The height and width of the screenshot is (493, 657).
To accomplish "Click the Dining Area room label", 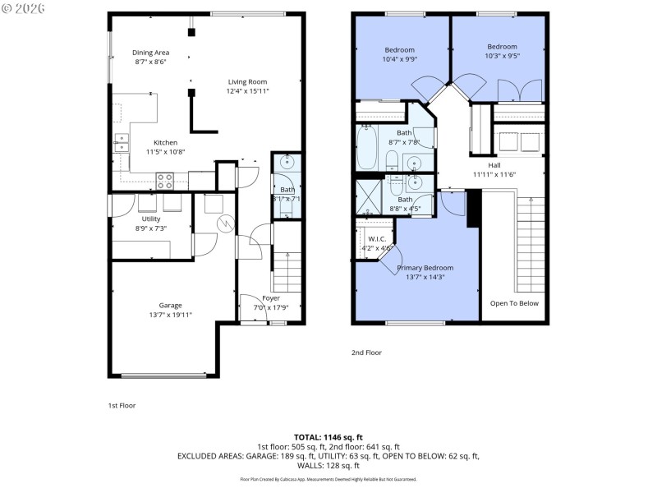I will [151, 53].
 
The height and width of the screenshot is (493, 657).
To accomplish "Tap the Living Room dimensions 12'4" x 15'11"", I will [247, 91].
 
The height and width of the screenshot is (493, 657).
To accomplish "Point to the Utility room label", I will [150, 219].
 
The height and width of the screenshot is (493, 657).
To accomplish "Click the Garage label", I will [170, 306].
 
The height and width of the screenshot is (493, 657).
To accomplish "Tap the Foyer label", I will [270, 298].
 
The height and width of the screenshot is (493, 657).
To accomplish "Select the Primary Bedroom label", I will [425, 268].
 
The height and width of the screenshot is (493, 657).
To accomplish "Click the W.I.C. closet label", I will [376, 239].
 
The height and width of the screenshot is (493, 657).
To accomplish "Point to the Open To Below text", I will [514, 303].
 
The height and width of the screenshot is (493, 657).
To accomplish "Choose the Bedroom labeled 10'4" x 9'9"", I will [400, 50].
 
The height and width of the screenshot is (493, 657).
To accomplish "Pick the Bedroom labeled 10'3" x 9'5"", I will [501, 47].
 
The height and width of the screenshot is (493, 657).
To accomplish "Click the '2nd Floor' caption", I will [366, 352].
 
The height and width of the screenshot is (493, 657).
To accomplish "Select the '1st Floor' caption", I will [122, 405].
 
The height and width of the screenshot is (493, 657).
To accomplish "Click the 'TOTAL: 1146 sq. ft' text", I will [328, 436].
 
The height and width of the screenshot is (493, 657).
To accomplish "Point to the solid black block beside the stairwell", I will [473, 209].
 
